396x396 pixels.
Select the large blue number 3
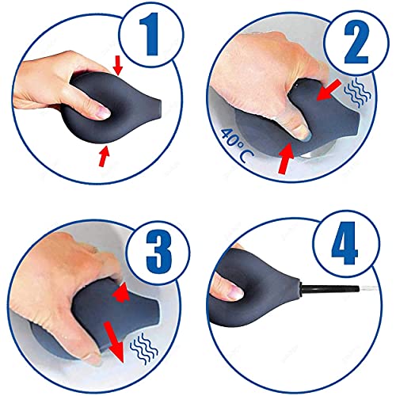pyautogui.click(x=159, y=252)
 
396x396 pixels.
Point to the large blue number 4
pyautogui.click(x=345, y=243)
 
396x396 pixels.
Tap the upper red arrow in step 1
pyautogui.click(x=118, y=66)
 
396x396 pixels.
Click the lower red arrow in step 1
pyautogui.click(x=104, y=156)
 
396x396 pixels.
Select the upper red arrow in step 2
pyautogui.click(x=328, y=90)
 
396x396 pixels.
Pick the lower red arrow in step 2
pyautogui.click(x=286, y=158)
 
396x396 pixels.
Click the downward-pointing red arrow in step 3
pyautogui.click(x=114, y=342)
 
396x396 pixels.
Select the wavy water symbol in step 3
pyautogui.click(x=144, y=348)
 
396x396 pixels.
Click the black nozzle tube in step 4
pyautogui.click(x=329, y=288)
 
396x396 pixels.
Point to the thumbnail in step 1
pyautogui.click(x=103, y=112)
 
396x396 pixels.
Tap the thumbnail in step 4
pyautogui.click(x=235, y=291)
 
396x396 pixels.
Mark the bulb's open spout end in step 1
pyautogui.click(x=158, y=110)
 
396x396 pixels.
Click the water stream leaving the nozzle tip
pyautogui.click(x=368, y=288)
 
